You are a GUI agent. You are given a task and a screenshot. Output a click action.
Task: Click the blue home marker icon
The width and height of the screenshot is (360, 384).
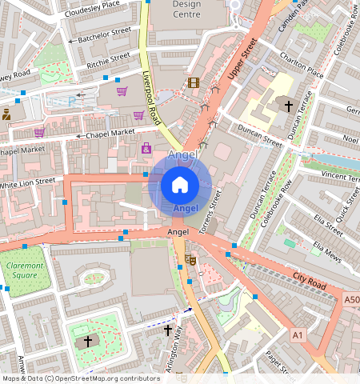pyautogui.click(x=180, y=186)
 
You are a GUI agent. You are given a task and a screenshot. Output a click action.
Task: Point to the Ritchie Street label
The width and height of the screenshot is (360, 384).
pyautogui.click(x=108, y=58)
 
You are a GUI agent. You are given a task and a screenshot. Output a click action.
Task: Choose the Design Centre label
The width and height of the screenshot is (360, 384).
pyautogui.click(x=176, y=10)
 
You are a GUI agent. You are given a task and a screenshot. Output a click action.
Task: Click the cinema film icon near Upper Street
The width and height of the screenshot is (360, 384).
pyautogui.click(x=193, y=82)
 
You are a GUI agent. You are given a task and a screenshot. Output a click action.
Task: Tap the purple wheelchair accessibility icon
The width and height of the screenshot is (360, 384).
pyautogui.click(x=146, y=148)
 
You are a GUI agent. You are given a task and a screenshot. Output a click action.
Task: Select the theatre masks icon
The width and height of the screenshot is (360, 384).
pyautogui.click(x=190, y=258)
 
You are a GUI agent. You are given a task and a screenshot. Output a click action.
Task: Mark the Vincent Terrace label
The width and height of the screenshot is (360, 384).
pyautogui.click(x=341, y=174)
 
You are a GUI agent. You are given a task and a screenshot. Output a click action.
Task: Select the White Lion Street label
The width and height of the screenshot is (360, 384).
pyautogui.click(x=27, y=183)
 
